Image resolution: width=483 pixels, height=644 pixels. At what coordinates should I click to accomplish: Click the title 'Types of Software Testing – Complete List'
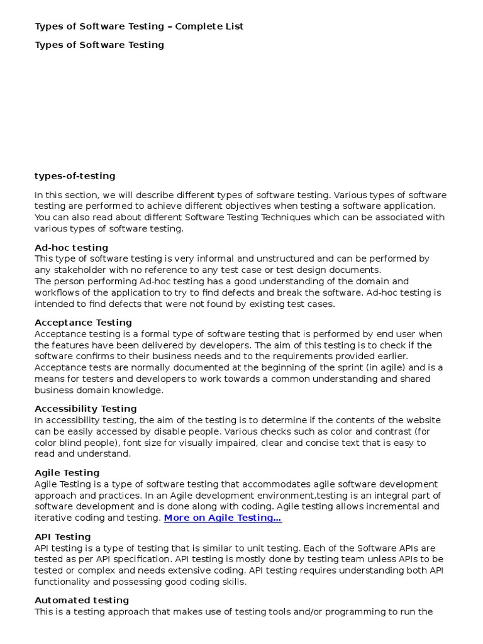pos(139,26)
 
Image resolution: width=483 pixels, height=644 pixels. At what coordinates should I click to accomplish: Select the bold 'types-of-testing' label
pos(75,176)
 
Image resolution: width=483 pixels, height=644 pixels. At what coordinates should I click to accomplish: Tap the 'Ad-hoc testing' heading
pos(71,247)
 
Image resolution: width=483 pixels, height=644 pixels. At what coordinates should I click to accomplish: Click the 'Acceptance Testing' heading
pos(83,323)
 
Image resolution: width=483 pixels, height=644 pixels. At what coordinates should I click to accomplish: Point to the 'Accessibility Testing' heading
pos(86,409)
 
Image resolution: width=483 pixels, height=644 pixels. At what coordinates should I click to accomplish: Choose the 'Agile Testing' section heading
pos(67,473)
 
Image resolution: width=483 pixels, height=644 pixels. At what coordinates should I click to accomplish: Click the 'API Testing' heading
pos(62,537)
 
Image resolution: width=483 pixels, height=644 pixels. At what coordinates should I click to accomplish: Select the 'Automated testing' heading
pos(82,601)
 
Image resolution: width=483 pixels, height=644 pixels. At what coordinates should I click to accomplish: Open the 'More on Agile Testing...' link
pos(223,518)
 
